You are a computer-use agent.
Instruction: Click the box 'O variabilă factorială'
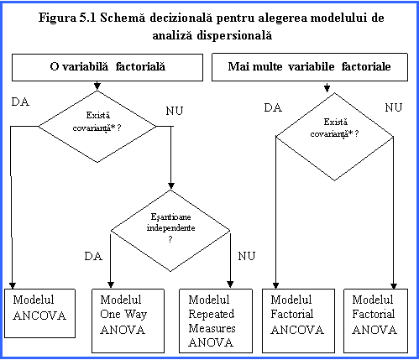(x=107, y=67)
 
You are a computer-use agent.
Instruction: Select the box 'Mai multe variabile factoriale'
(x=310, y=67)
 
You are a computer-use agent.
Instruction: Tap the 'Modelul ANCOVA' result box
(x=39, y=313)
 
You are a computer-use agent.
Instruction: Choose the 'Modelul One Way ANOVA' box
(x=128, y=321)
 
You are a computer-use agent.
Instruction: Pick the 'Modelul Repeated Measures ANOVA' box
(x=216, y=321)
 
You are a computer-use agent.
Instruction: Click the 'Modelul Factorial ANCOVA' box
(x=298, y=321)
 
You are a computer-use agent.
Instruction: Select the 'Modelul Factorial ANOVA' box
(x=375, y=321)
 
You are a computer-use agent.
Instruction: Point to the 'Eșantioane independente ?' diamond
(x=170, y=231)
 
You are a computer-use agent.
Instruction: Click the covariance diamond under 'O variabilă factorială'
(x=97, y=127)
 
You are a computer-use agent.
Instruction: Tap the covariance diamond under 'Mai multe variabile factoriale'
(x=335, y=137)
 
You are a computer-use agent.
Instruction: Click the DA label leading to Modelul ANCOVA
(x=20, y=102)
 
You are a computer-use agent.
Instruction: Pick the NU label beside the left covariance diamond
(x=175, y=111)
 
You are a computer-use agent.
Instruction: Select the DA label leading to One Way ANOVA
(x=93, y=256)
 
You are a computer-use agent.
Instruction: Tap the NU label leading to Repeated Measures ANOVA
(x=247, y=256)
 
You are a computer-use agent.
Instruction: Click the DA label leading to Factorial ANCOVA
(x=273, y=107)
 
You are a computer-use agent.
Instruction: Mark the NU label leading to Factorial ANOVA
(x=394, y=107)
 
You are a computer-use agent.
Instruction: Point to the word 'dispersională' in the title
(x=234, y=35)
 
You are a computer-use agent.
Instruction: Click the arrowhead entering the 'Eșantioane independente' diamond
(x=171, y=186)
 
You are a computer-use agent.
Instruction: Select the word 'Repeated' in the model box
(x=212, y=314)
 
